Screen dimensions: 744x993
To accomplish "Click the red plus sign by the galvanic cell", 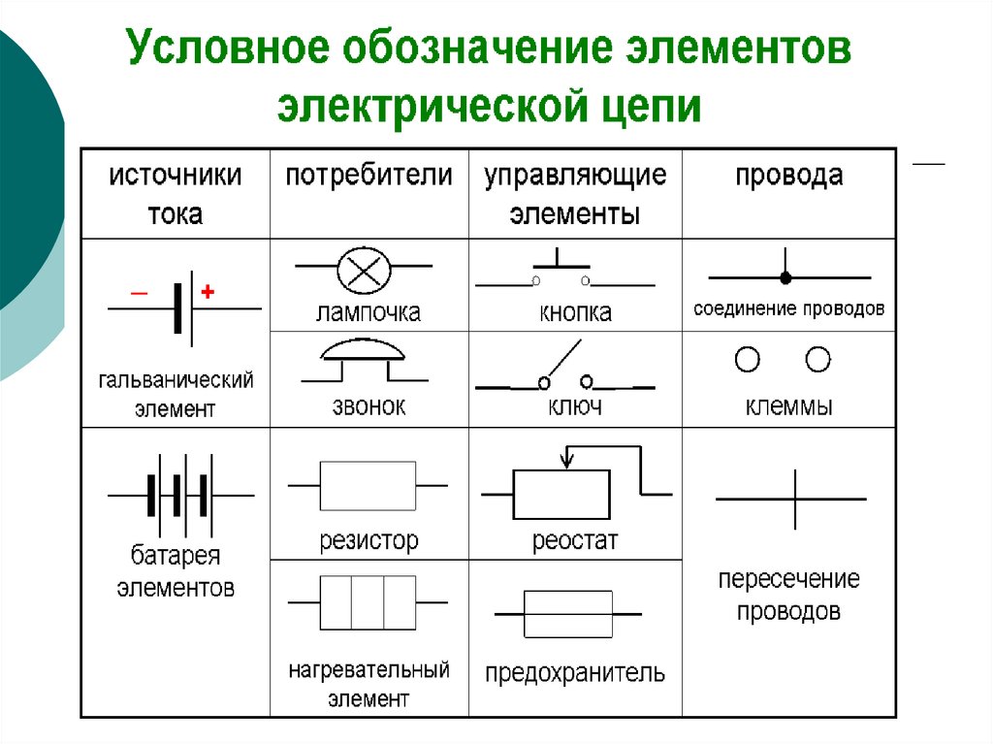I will pyautogui.click(x=207, y=291).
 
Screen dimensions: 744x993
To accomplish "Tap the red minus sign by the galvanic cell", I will pyautogui.click(x=140, y=291).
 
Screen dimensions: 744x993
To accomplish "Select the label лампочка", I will pyautogui.click(x=368, y=313).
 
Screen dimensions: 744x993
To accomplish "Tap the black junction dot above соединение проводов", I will pyautogui.click(x=786, y=277).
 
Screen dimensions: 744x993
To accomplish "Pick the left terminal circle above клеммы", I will pyautogui.click(x=747, y=360).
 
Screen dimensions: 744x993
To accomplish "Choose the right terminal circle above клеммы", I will pyautogui.click(x=818, y=360).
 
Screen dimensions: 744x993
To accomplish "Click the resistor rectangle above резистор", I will pyautogui.click(x=368, y=485).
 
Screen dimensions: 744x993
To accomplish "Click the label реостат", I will pyautogui.click(x=574, y=540).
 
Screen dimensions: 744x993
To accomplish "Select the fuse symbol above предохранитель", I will pyautogui.click(x=567, y=614).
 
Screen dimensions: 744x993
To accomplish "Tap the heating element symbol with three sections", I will pyautogui.click(x=368, y=602).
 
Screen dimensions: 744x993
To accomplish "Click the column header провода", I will pyautogui.click(x=788, y=177).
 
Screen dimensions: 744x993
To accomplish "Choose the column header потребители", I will pyautogui.click(x=368, y=177).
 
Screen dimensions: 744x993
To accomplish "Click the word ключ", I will pyautogui.click(x=575, y=405).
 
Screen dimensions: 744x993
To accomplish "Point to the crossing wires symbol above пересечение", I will pyautogui.click(x=791, y=499).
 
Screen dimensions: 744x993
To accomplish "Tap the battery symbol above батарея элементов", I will pyautogui.click(x=178, y=495).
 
